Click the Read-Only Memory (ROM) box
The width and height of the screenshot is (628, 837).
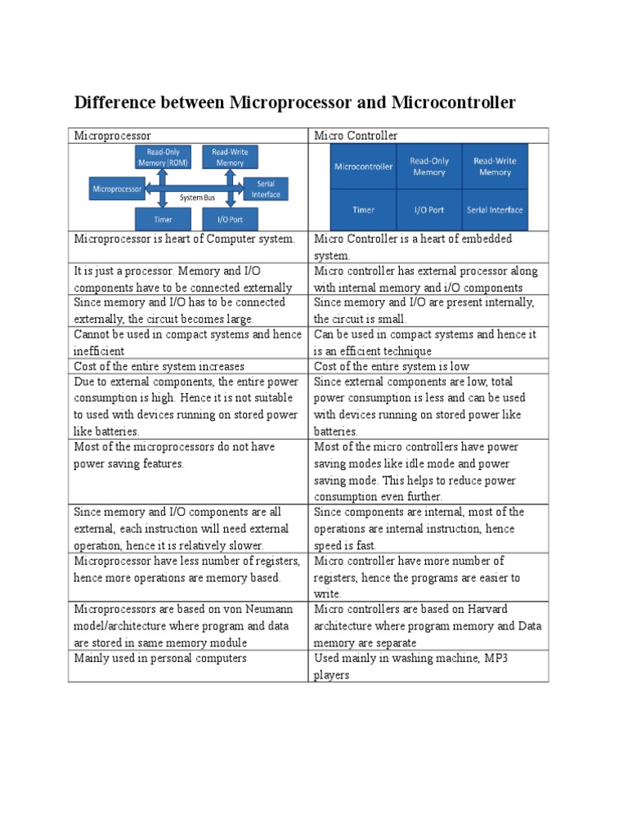pyautogui.click(x=164, y=157)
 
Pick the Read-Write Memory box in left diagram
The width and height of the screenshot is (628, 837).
pyautogui.click(x=230, y=157)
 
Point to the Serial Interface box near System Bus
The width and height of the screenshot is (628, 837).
pyautogui.click(x=266, y=189)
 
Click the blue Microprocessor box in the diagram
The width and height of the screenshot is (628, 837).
pyautogui.click(x=117, y=189)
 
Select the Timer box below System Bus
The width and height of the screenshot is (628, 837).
pyautogui.click(x=163, y=219)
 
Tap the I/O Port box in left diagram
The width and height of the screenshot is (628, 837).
pyautogui.click(x=230, y=219)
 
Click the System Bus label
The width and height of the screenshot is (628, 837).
pyautogui.click(x=196, y=197)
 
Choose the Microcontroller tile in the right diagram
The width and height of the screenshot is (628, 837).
pyautogui.click(x=363, y=167)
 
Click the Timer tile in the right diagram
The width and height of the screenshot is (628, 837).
pyautogui.click(x=363, y=210)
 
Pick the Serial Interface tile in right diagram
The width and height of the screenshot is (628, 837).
pyautogui.click(x=495, y=210)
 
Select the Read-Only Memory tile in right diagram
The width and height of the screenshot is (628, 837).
pyautogui.click(x=429, y=167)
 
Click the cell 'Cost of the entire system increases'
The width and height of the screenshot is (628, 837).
pyautogui.click(x=159, y=366)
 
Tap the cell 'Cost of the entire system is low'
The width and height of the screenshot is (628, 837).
pyautogui.click(x=392, y=366)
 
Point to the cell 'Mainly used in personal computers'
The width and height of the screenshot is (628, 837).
pyautogui.click(x=160, y=658)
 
